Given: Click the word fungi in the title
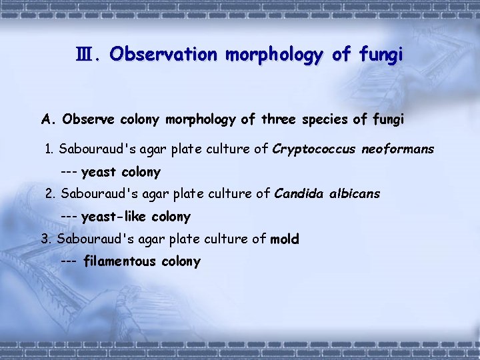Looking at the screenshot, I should (380, 54).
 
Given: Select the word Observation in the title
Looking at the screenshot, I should (163, 54).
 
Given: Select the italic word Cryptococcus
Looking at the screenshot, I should (313, 149).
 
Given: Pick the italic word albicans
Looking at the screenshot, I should (355, 194).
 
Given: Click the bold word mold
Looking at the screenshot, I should (285, 239).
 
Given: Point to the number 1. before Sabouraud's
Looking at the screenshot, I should (49, 149).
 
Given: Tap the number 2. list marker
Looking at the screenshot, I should (51, 194).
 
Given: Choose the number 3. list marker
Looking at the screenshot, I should (47, 239).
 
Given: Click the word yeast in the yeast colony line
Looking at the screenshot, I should (99, 172).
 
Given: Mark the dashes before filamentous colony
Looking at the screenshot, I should (68, 261).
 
